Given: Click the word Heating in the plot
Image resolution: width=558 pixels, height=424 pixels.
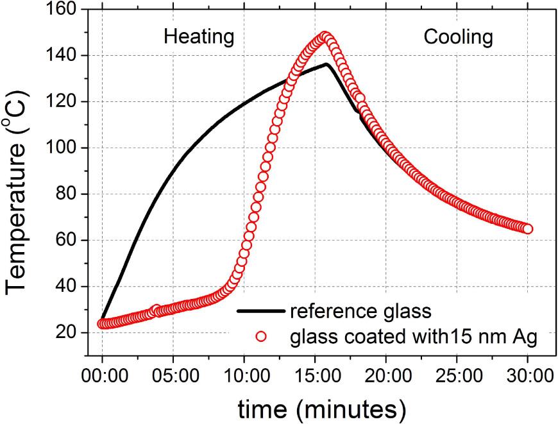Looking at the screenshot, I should (x=199, y=37).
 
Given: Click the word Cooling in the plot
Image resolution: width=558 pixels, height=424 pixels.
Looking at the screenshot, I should (x=458, y=37).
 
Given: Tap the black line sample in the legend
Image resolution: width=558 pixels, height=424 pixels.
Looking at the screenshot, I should (x=260, y=311).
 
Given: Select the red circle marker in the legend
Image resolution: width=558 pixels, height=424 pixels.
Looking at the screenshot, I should (x=260, y=335).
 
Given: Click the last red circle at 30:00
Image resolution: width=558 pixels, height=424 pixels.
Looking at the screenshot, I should (x=528, y=229).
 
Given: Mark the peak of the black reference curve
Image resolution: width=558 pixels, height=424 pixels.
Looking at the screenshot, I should (x=326, y=64).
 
